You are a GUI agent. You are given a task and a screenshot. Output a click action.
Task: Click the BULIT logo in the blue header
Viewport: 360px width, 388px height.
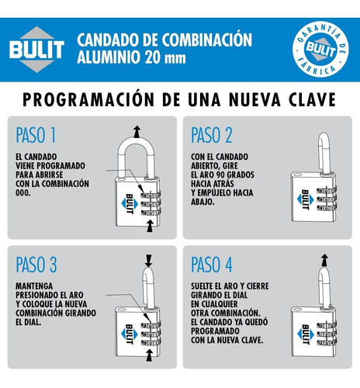[x=36, y=49]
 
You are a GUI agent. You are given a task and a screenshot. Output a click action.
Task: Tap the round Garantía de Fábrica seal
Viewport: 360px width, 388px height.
[x=320, y=49]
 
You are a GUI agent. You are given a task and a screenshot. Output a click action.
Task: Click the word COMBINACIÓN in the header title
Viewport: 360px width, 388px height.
[x=207, y=40]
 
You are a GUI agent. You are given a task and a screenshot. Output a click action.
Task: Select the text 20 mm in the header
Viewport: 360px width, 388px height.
[x=165, y=57]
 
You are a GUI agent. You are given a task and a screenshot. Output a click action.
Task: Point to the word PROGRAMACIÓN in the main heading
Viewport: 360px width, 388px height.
[x=88, y=99]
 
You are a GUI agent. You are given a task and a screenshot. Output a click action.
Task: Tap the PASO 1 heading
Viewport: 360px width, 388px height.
[x=36, y=135]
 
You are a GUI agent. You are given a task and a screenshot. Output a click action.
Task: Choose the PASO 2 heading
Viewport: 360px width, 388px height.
[x=212, y=135]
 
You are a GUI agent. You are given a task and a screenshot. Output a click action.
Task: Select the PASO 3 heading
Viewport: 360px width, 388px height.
[x=36, y=265]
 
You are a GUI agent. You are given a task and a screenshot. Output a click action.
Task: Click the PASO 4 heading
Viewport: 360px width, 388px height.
[x=212, y=265]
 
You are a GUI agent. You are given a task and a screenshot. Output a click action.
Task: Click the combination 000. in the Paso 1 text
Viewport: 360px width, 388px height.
[x=23, y=192]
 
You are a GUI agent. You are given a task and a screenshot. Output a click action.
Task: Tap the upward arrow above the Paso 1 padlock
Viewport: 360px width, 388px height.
[x=137, y=132]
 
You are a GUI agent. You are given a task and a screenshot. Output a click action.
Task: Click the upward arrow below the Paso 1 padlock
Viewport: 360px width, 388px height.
[x=150, y=226]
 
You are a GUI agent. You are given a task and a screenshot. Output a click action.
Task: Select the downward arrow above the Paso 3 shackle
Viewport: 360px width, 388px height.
[x=148, y=261]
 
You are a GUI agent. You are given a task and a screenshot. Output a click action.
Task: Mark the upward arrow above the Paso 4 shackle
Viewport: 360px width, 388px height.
[x=324, y=260]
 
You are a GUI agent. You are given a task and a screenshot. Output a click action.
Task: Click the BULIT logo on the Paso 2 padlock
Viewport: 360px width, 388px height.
[x=306, y=199]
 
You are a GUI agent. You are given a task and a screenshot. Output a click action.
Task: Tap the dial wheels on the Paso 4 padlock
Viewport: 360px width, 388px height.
[x=327, y=334]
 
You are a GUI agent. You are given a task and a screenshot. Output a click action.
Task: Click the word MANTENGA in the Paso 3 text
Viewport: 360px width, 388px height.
[x=34, y=286]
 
